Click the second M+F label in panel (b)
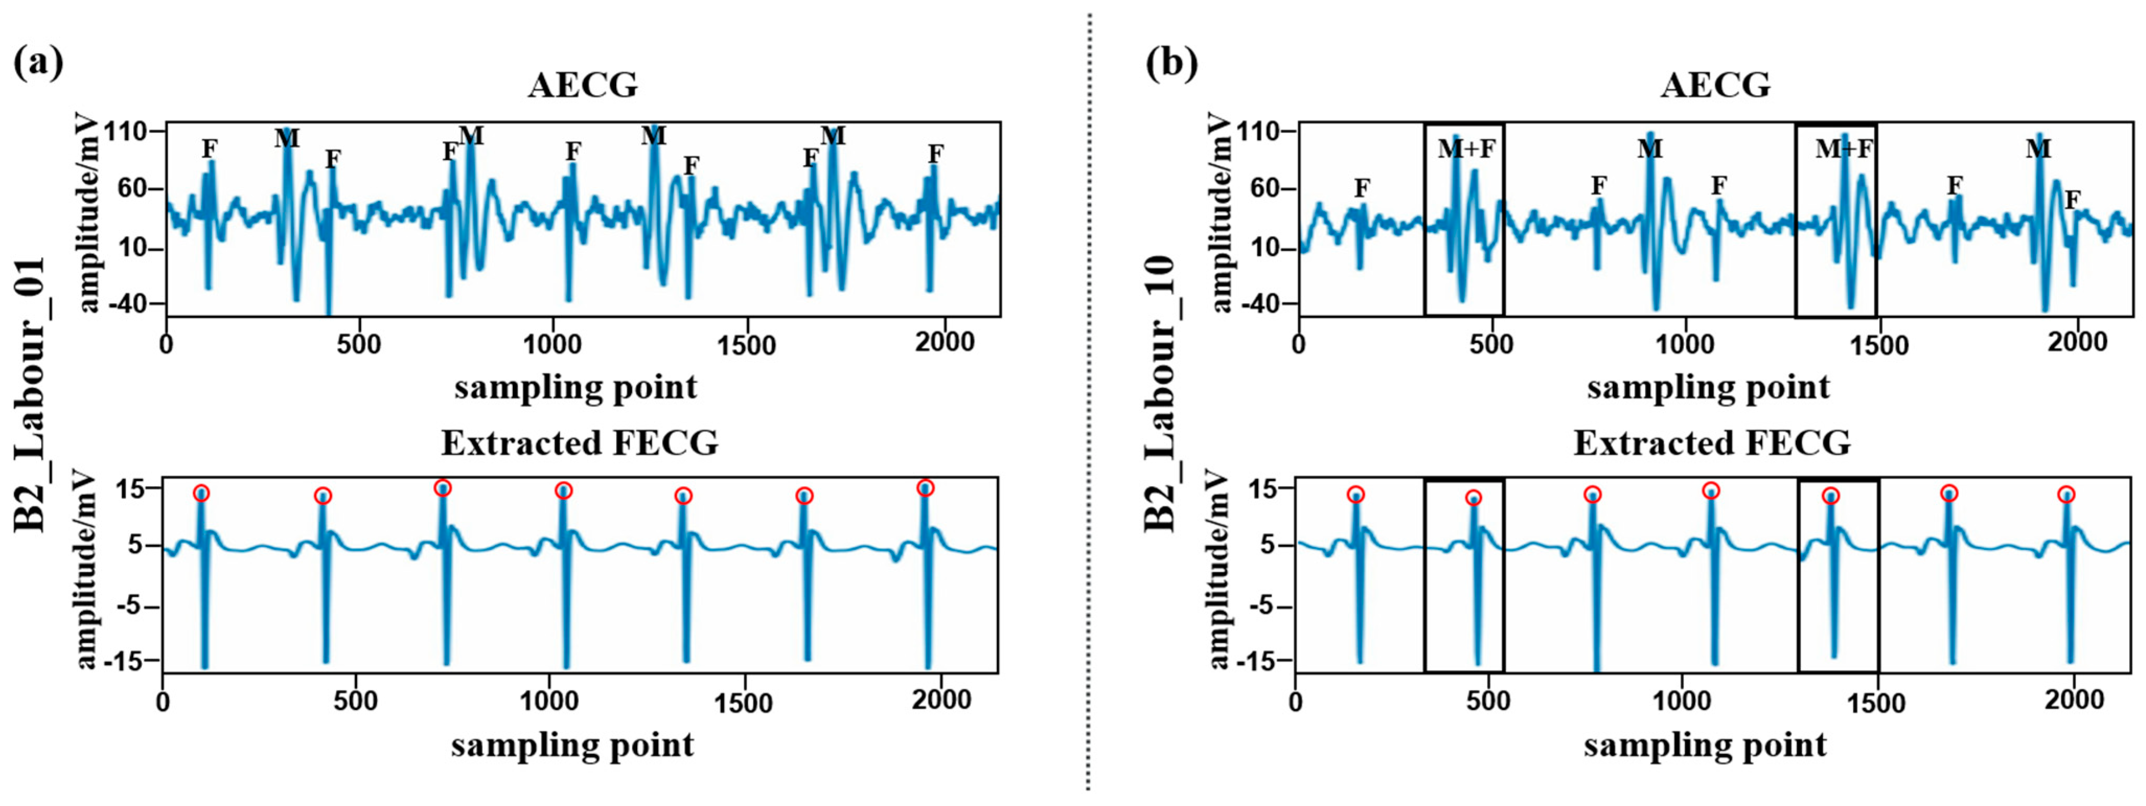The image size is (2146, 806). click(x=1844, y=149)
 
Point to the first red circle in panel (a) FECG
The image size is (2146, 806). click(x=202, y=492)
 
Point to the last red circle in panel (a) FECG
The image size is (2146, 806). click(x=926, y=488)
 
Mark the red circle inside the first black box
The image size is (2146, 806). click(x=1474, y=498)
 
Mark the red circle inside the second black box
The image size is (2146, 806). click(x=1830, y=496)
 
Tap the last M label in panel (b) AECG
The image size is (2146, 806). click(x=2038, y=149)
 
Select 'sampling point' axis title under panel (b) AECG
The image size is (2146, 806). click(x=1708, y=387)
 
